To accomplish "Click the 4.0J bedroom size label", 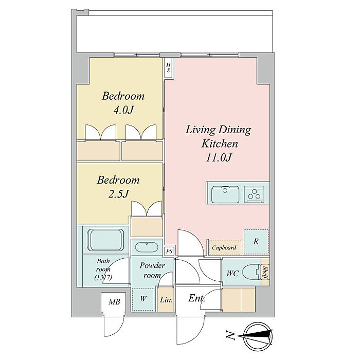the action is click(123, 111).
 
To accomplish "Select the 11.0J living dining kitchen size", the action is click(219, 158).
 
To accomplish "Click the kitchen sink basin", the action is click(225, 194).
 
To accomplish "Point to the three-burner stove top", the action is click(254, 194).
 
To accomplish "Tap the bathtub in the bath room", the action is click(106, 240).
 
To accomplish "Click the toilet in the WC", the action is click(252, 273).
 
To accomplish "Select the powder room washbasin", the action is click(147, 247).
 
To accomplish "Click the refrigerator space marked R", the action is click(256, 242).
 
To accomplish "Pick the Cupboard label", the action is click(224, 248).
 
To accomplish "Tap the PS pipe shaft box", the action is click(169, 251).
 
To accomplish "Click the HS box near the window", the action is click(169, 68).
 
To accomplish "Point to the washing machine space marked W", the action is click(143, 299).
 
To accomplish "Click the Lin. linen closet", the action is click(166, 299).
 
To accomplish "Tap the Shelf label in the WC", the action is click(266, 273).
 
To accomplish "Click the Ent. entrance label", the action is click(196, 298).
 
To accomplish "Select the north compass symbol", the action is click(257, 336).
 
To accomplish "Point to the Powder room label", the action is click(152, 270).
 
